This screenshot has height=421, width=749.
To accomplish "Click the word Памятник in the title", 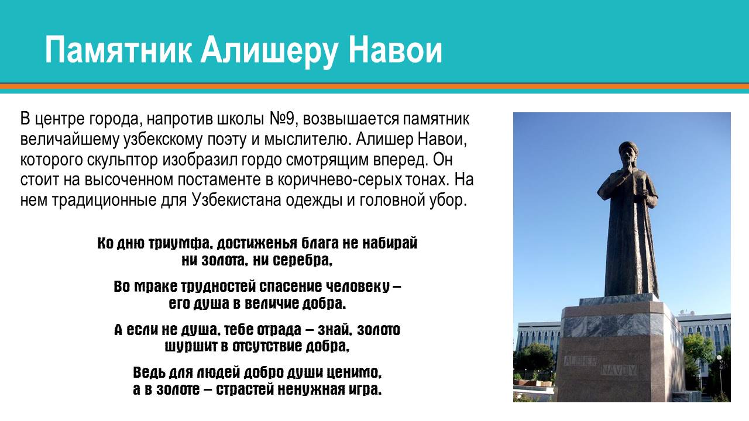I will (x=118, y=51).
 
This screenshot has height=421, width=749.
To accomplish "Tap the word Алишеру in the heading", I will (x=269, y=51).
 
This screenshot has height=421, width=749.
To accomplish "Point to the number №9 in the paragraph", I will (x=284, y=120).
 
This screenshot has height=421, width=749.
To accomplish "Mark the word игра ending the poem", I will (x=368, y=389).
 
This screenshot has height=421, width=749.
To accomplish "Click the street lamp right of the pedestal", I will (x=720, y=374).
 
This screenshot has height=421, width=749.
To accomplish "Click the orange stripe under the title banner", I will (x=374, y=87).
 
